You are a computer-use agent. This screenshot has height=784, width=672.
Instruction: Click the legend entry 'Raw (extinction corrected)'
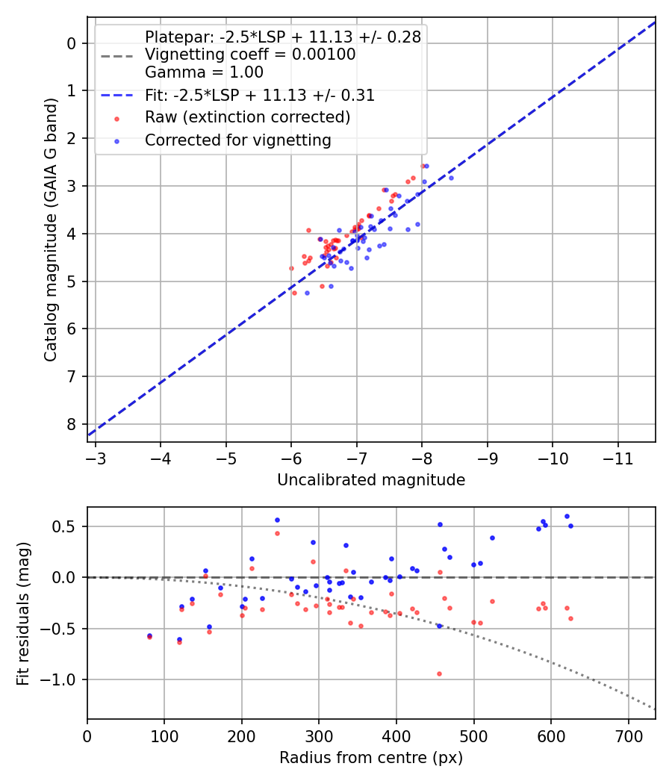247,117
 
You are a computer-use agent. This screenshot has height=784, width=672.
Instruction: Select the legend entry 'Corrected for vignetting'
237,140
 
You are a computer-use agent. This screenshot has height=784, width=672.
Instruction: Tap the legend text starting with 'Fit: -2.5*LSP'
259,96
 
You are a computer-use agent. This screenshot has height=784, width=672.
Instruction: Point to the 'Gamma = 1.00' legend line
204,72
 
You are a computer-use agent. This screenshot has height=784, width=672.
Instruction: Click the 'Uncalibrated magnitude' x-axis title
371,480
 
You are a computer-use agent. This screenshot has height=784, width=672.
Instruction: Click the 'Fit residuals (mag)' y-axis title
23,613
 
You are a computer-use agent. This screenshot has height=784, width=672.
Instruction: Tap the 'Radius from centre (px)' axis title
371,758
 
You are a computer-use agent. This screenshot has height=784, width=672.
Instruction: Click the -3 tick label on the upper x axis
96,458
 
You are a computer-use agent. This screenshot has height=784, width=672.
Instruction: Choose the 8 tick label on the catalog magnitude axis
72,424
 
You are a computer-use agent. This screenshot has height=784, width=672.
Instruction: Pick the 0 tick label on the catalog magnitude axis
72,43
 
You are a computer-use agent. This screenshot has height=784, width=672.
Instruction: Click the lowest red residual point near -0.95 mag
439,673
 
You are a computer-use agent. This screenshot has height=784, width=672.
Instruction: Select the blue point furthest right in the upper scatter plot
451,178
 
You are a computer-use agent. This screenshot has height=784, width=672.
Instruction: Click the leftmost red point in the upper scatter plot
291,268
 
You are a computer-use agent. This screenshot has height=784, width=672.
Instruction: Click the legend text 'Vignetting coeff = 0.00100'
250,55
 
